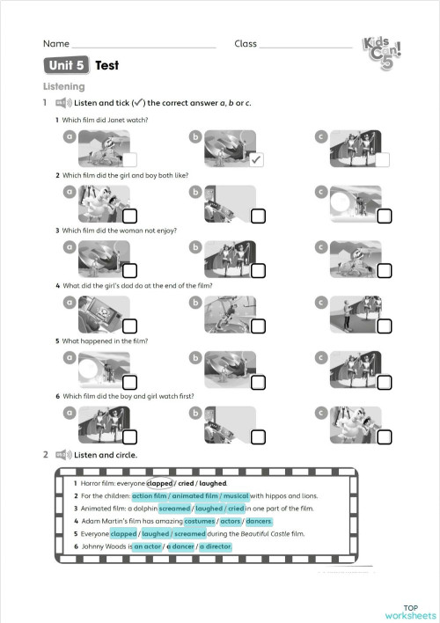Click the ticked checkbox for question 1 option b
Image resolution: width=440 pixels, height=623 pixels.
256,160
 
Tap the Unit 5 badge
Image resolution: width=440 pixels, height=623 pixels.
67,65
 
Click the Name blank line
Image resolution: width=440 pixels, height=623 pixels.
143,44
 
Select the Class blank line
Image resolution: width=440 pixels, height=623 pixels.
305,44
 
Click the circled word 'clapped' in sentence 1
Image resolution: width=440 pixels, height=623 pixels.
159,483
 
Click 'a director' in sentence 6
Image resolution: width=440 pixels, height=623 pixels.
216,546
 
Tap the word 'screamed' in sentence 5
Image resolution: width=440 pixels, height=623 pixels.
189,533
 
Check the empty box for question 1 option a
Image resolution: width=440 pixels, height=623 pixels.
129,160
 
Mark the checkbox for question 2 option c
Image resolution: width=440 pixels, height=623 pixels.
385,216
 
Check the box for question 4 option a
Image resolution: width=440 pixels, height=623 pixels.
129,326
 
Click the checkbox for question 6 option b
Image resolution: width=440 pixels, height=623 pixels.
257,437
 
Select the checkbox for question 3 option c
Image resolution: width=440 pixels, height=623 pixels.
385,271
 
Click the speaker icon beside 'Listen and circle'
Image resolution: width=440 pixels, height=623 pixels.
62,455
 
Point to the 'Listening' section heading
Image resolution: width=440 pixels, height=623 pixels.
64,86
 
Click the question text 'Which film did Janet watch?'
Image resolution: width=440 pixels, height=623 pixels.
105,120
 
